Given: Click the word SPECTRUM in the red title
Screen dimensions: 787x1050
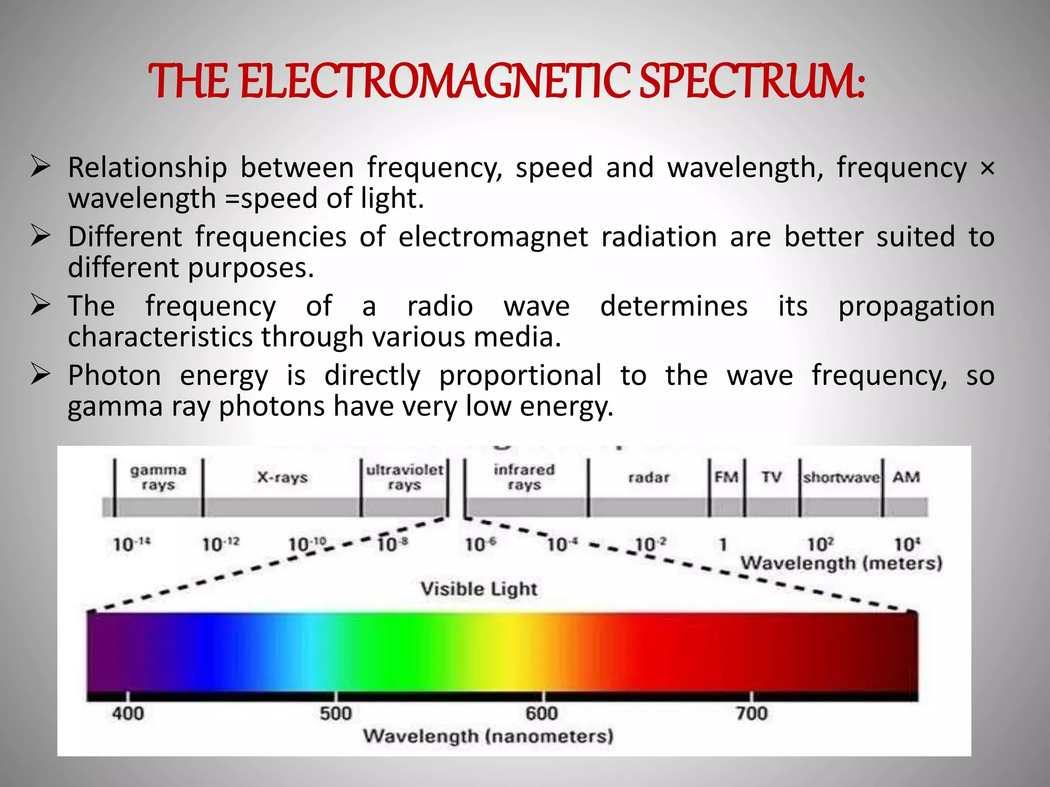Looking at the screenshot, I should [752, 82].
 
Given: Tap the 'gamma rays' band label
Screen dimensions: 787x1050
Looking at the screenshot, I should [158, 477].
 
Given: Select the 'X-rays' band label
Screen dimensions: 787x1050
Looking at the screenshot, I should [282, 478].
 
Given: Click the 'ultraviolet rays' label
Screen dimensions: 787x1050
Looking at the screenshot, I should [405, 477].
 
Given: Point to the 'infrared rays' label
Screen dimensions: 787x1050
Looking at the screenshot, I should [524, 477].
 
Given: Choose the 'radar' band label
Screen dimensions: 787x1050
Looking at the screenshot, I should [649, 478].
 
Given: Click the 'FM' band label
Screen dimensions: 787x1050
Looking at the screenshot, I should [726, 477].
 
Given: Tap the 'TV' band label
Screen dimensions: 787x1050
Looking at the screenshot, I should [771, 477].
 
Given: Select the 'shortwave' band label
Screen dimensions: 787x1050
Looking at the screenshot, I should [841, 478].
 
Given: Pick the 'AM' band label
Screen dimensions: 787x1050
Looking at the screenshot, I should [906, 477].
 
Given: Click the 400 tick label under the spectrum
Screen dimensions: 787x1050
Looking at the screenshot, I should [128, 713].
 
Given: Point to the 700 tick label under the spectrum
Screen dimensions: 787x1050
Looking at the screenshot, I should [751, 713].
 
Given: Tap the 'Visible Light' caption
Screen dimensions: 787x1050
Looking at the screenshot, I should [479, 589].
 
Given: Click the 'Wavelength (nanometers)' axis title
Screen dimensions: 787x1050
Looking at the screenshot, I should [488, 736].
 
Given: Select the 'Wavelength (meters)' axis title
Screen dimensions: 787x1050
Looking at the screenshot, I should [841, 563].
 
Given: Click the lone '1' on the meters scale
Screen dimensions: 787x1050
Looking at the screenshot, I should [722, 544].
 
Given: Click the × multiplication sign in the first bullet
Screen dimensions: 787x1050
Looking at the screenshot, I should [987, 168].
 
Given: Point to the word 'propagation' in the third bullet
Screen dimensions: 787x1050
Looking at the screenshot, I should [916, 306].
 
